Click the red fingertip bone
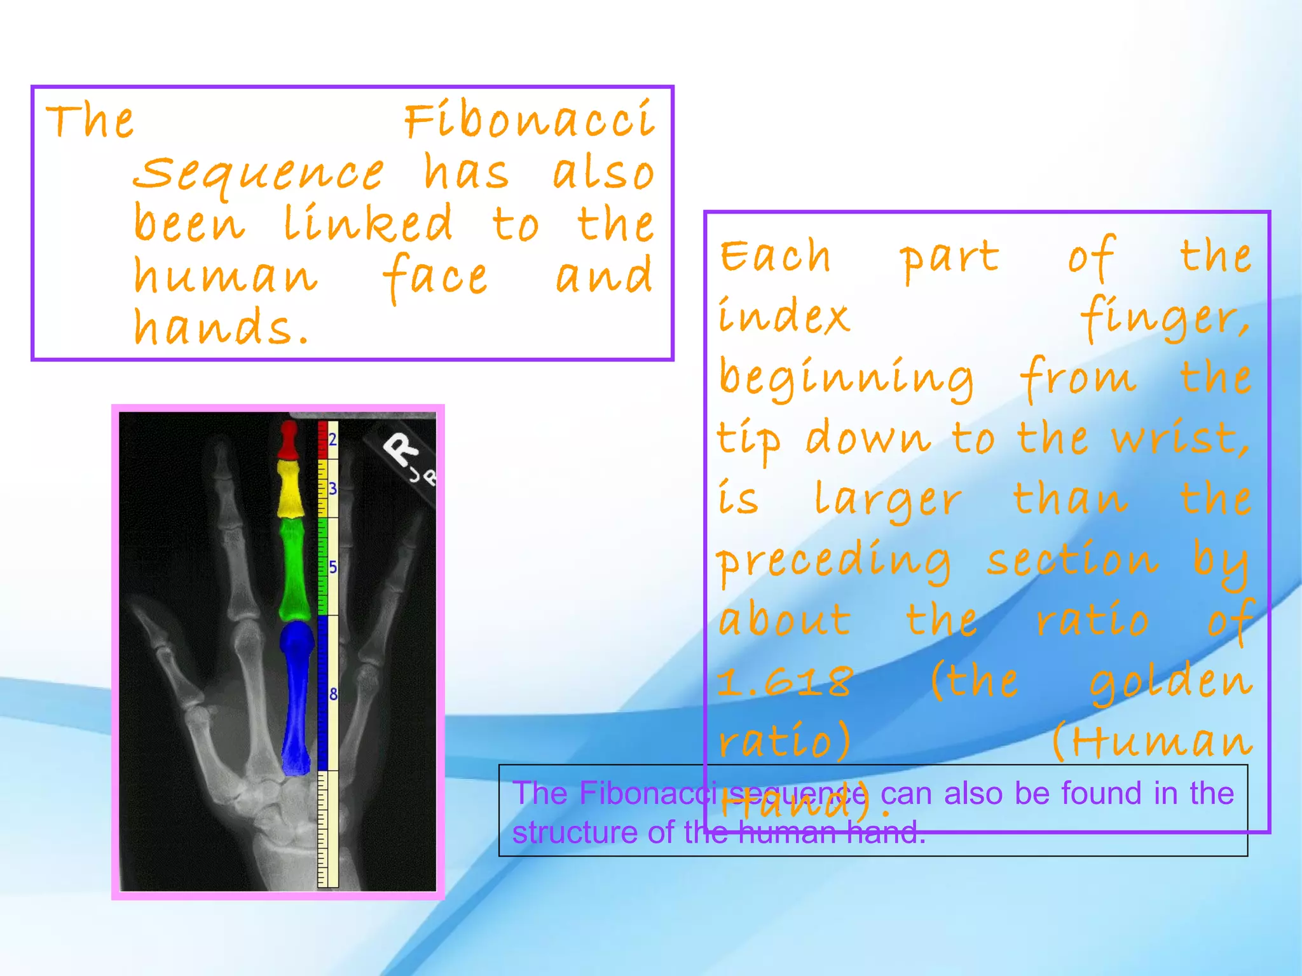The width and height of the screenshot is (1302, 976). click(x=289, y=440)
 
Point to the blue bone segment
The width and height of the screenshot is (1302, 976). click(x=296, y=696)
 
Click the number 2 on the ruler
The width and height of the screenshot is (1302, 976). click(x=332, y=439)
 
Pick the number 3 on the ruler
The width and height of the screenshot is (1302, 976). click(x=332, y=489)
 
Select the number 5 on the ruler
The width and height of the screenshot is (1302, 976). click(x=332, y=567)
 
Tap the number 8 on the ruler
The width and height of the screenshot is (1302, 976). click(x=332, y=695)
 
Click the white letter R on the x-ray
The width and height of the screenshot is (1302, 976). click(x=402, y=451)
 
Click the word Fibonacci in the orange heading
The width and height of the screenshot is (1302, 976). click(x=530, y=121)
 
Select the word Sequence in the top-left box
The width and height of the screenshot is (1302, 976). click(x=259, y=174)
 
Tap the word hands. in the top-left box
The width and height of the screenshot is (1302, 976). click(x=221, y=327)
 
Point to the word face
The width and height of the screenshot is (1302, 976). click(x=435, y=276)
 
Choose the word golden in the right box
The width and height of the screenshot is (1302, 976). click(x=1170, y=682)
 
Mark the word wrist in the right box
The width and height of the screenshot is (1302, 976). click(x=1179, y=438)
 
